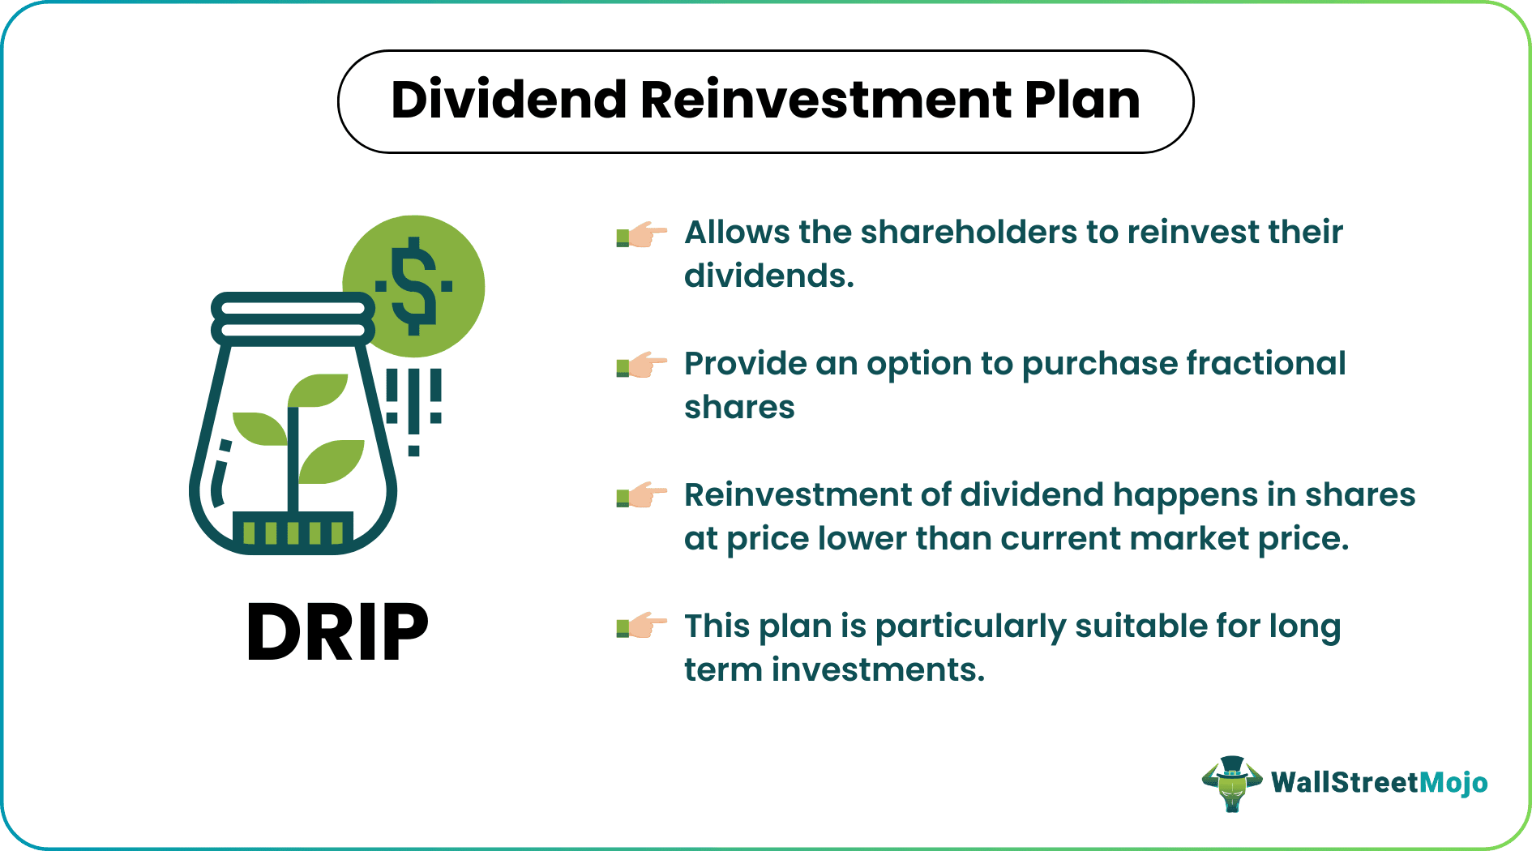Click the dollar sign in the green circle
[413, 286]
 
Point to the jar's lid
[293, 319]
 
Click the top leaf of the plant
[319, 389]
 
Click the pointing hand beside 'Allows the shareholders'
[641, 235]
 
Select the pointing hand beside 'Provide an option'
[641, 366]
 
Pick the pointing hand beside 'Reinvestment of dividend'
[641, 495]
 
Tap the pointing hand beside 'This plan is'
[641, 626]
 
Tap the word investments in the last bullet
[878, 670]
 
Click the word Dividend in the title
[509, 100]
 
